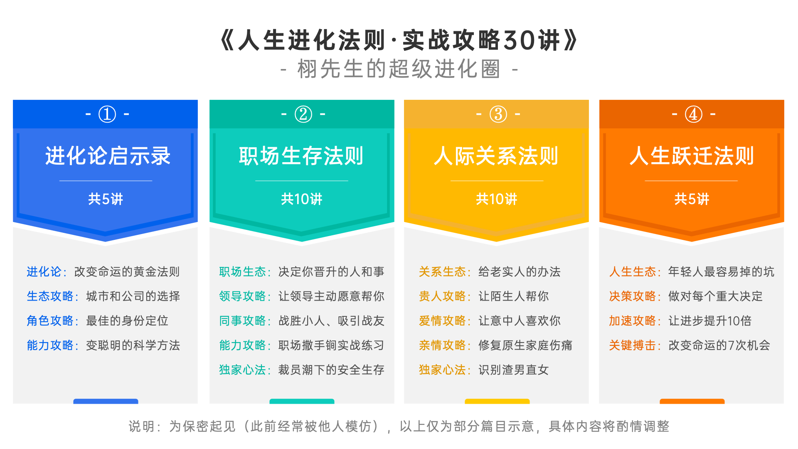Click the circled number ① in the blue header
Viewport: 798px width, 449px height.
[107, 114]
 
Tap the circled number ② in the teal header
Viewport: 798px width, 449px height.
[303, 114]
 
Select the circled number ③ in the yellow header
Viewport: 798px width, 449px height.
[498, 114]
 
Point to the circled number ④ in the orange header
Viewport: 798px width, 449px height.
[694, 114]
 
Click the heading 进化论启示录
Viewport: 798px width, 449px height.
[108, 156]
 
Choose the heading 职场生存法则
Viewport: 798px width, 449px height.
[301, 156]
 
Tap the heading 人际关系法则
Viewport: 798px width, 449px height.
[496, 156]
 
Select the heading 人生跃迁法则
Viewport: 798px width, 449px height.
[692, 156]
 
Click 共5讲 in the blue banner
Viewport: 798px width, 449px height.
[106, 199]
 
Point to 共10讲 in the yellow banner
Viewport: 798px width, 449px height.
[497, 199]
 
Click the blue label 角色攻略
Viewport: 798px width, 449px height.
[50, 321]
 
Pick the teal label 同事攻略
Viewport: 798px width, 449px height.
[242, 321]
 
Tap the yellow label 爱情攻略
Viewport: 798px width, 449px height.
[442, 321]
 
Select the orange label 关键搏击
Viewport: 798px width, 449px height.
[632, 345]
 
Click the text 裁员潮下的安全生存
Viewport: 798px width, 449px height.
[331, 370]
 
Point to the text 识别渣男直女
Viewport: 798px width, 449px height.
[514, 370]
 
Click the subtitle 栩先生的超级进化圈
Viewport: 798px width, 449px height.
[399, 69]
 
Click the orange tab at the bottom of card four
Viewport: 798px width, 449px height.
[692, 401]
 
